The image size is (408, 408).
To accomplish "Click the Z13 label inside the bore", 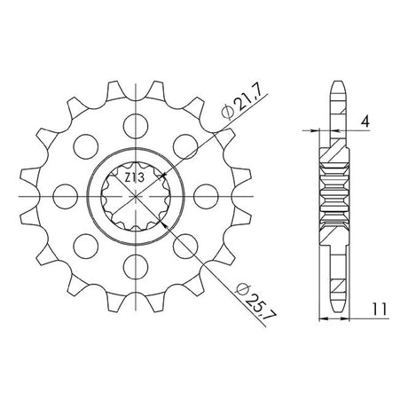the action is (x=134, y=178).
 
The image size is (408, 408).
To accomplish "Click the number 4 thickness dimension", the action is (x=365, y=122).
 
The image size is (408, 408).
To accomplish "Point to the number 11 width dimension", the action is (x=380, y=310).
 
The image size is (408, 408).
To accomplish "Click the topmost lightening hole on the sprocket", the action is (x=136, y=126).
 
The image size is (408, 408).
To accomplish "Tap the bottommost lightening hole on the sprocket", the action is (x=136, y=267).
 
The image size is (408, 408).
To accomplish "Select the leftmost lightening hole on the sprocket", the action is (x=66, y=196).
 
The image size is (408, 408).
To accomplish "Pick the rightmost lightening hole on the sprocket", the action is (x=206, y=196).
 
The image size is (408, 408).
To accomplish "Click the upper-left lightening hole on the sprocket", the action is (x=86, y=146).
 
